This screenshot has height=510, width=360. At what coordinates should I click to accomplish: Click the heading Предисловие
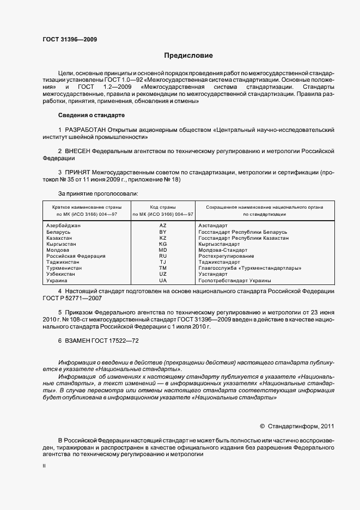point(189,56)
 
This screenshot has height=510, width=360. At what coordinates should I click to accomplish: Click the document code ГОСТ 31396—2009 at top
point(70,40)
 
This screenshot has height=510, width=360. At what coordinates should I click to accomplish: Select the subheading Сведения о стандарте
point(91,116)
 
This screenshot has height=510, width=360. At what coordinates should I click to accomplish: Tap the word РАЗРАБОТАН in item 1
point(89,130)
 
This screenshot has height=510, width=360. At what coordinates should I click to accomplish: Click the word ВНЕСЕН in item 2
point(78,150)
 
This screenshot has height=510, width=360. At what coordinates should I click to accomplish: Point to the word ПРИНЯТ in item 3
point(77,171)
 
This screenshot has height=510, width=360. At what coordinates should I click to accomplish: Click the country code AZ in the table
point(162,226)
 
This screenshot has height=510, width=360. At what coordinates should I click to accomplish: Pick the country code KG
point(162,244)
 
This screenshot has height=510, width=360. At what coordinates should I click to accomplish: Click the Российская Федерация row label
point(76,256)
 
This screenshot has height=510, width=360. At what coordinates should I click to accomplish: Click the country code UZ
point(162,274)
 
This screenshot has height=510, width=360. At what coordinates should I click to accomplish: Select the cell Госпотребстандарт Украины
point(235,281)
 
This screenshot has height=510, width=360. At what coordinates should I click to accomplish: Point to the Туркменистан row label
point(64,268)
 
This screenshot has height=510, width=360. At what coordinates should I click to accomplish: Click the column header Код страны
point(162,208)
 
